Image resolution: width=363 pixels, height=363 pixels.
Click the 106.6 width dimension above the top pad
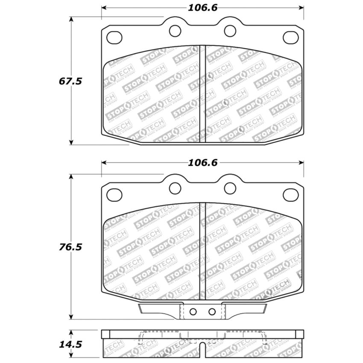pyautogui.click(x=203, y=8)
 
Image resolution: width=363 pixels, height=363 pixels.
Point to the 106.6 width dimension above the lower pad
pyautogui.click(x=203, y=163)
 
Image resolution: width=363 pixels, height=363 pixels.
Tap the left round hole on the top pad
pyautogui.click(x=175, y=30)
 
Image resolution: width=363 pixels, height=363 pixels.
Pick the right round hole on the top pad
pyautogui.click(x=230, y=30)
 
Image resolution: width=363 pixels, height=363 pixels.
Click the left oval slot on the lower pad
pyautogui.click(x=114, y=195)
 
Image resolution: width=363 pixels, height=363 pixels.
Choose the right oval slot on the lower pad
pyautogui.click(x=291, y=195)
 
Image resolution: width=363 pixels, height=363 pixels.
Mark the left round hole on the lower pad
pyautogui.click(x=175, y=187)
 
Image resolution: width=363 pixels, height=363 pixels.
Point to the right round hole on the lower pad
pyautogui.click(x=230, y=187)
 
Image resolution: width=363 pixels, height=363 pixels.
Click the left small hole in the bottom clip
pyautogui.click(x=193, y=311)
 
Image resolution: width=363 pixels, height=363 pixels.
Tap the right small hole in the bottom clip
pyautogui.click(x=212, y=312)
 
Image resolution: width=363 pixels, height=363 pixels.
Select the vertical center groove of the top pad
pyautogui.click(x=203, y=94)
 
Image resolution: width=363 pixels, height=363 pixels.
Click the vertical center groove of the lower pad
pyautogui.click(x=203, y=252)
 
